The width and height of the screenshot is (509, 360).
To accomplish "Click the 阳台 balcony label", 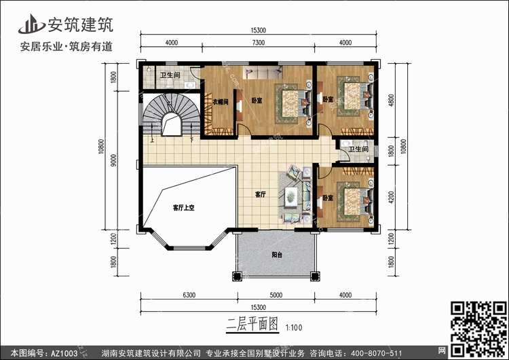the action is click(277, 255).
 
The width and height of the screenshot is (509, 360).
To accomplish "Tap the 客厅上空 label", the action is click(183, 208).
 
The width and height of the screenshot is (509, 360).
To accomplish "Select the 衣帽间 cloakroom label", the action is click(221, 102).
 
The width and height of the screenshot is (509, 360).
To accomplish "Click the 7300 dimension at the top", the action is click(259, 43).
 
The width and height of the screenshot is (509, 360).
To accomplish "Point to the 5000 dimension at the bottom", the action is click(276, 295).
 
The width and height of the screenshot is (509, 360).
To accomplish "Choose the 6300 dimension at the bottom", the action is click(189, 295).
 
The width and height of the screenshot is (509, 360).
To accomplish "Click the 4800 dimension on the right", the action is click(391, 100).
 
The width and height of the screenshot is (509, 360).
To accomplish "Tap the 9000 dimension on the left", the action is click(113, 160).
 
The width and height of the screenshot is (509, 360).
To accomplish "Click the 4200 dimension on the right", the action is click(391, 197).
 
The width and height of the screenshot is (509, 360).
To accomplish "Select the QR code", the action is click(478, 329).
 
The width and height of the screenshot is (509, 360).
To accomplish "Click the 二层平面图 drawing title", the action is click(252, 325).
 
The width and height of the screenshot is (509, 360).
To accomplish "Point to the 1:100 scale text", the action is click(294, 327).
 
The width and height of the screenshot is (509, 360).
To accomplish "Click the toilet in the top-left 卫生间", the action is click(170, 84).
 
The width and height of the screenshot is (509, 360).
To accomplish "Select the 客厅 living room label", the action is click(261, 194).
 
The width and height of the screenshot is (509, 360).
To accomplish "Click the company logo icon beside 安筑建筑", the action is click(31, 24).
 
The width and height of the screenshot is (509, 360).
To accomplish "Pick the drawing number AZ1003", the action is click(64, 353).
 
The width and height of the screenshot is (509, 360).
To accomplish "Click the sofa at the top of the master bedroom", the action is click(263, 72).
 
